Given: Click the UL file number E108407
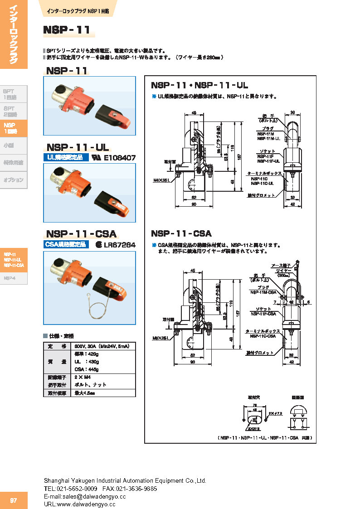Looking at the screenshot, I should [120, 158].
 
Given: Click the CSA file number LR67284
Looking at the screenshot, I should [119, 245].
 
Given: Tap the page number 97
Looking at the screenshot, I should [14, 500].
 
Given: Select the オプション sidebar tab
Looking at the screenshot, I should [14, 180].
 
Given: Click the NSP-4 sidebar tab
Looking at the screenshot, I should [10, 278].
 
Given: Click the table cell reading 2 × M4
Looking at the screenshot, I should [82, 377].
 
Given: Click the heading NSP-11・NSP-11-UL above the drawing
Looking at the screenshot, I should [199, 85].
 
